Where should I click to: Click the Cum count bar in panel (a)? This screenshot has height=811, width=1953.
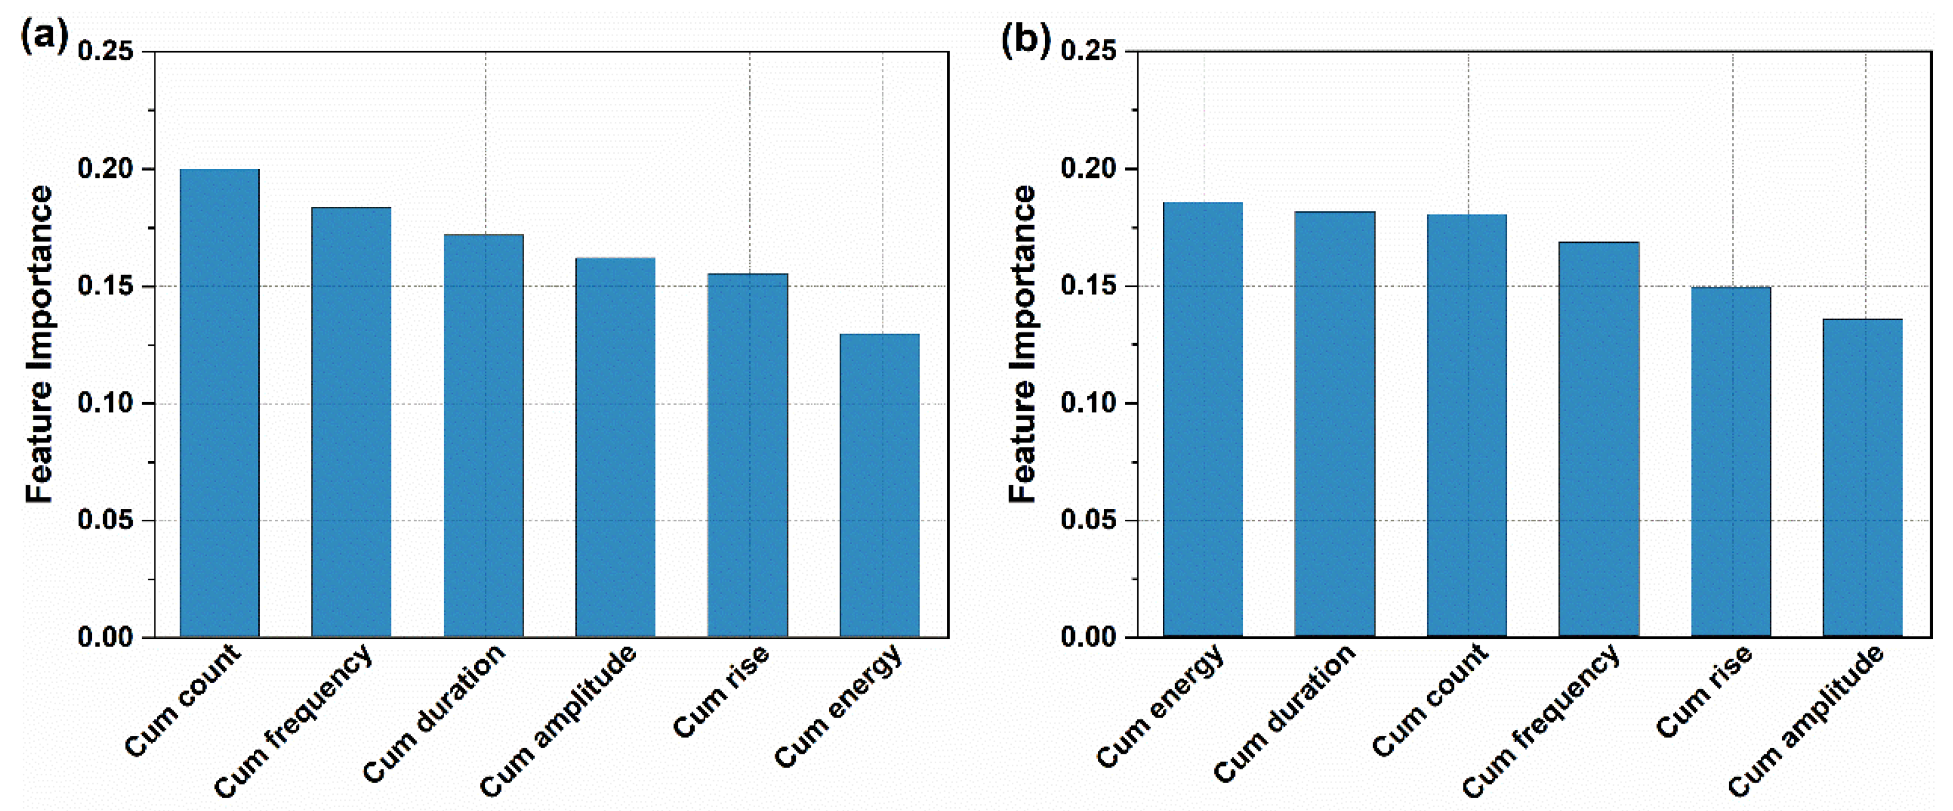click(x=219, y=402)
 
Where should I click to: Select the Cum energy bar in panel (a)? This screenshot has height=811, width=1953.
click(x=880, y=485)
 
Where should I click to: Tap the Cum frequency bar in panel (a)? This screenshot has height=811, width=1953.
click(x=351, y=421)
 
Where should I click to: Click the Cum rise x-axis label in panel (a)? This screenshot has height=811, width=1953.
click(x=720, y=691)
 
